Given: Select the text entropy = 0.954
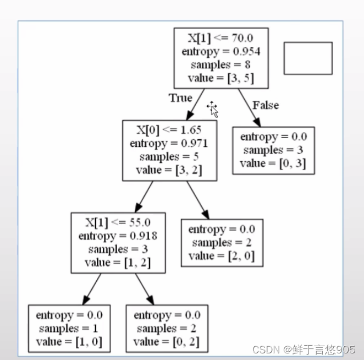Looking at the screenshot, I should [221, 51].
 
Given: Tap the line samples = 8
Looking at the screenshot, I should [221, 64].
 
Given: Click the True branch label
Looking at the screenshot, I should [180, 98].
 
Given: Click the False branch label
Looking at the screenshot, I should [266, 105].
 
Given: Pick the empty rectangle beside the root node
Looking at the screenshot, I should [308, 58].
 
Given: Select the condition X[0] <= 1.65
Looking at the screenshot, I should [169, 130].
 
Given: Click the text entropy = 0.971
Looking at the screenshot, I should [169, 143].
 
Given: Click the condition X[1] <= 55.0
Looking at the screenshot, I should [118, 222].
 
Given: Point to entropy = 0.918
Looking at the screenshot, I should [118, 236].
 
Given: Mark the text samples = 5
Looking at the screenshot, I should [169, 157].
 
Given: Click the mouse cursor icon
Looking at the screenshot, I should [213, 108].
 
